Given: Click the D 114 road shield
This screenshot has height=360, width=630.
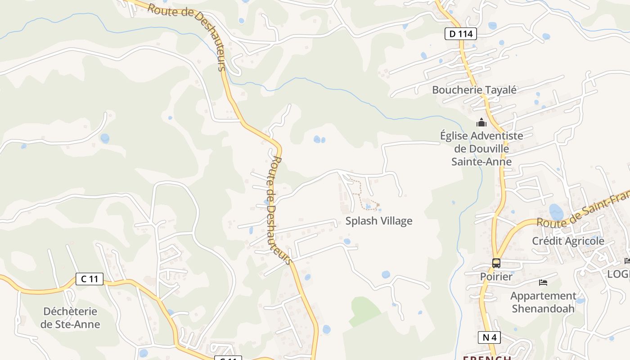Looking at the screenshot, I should [460, 34].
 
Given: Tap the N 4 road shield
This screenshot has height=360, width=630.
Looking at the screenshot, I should [489, 337].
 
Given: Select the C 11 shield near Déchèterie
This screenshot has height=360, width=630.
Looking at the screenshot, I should [90, 279].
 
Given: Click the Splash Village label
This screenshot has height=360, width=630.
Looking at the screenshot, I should [379, 221].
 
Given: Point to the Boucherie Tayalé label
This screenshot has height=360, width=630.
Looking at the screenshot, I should [474, 90].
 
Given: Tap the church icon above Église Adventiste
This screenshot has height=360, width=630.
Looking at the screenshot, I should [481, 122].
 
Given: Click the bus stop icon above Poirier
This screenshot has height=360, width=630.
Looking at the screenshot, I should [496, 263].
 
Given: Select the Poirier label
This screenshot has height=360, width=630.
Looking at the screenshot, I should [496, 276].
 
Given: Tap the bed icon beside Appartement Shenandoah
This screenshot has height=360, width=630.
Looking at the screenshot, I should [543, 283].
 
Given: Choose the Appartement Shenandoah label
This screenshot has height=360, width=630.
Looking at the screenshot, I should [543, 302].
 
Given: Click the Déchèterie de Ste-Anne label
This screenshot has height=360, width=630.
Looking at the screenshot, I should [70, 318].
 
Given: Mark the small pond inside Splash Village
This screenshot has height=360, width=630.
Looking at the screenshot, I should [369, 207].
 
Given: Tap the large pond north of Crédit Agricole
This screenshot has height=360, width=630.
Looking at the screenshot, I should [556, 211].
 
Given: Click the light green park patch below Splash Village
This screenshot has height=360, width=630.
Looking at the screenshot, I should [364, 310].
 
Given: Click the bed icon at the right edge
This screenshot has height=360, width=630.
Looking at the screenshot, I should [627, 261].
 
